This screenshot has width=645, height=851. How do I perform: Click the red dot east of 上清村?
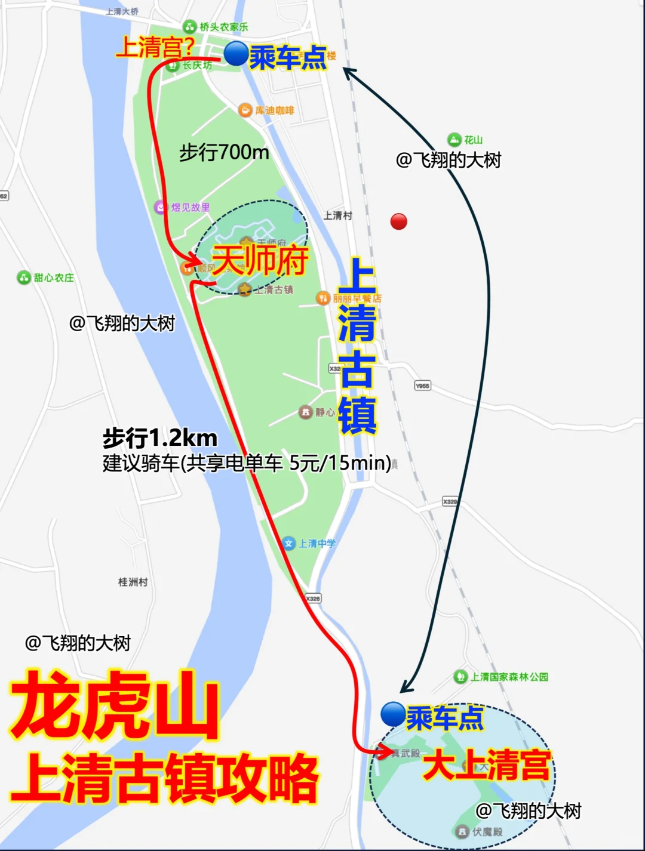click(x=398, y=221)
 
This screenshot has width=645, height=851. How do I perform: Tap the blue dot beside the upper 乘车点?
click(x=236, y=54)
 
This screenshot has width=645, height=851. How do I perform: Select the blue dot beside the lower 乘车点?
click(x=393, y=714)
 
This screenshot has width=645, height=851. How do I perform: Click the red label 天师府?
click(x=260, y=260)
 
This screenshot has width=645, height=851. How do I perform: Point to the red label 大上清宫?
click(x=486, y=766)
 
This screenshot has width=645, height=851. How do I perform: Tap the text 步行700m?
click(x=224, y=153)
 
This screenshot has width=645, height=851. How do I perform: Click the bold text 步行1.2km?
click(x=159, y=438)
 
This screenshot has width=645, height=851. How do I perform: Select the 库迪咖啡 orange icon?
click(x=245, y=110)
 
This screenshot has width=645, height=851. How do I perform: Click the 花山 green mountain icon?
click(x=454, y=140)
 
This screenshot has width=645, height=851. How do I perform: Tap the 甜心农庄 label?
click(x=54, y=277)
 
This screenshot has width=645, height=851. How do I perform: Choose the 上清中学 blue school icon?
click(x=289, y=543)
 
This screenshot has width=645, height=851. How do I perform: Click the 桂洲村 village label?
click(x=133, y=581)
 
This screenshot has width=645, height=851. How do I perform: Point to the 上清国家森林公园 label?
click(x=509, y=677)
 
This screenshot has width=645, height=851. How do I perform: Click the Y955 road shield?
click(x=422, y=386)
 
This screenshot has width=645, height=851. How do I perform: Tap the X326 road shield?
click(x=313, y=598)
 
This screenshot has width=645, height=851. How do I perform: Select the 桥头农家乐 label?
click(x=223, y=27)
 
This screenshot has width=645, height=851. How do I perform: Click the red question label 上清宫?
click(x=155, y=47)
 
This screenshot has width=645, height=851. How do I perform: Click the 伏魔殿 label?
click(x=487, y=831)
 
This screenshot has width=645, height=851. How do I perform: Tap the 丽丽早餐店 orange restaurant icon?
click(x=323, y=298)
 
